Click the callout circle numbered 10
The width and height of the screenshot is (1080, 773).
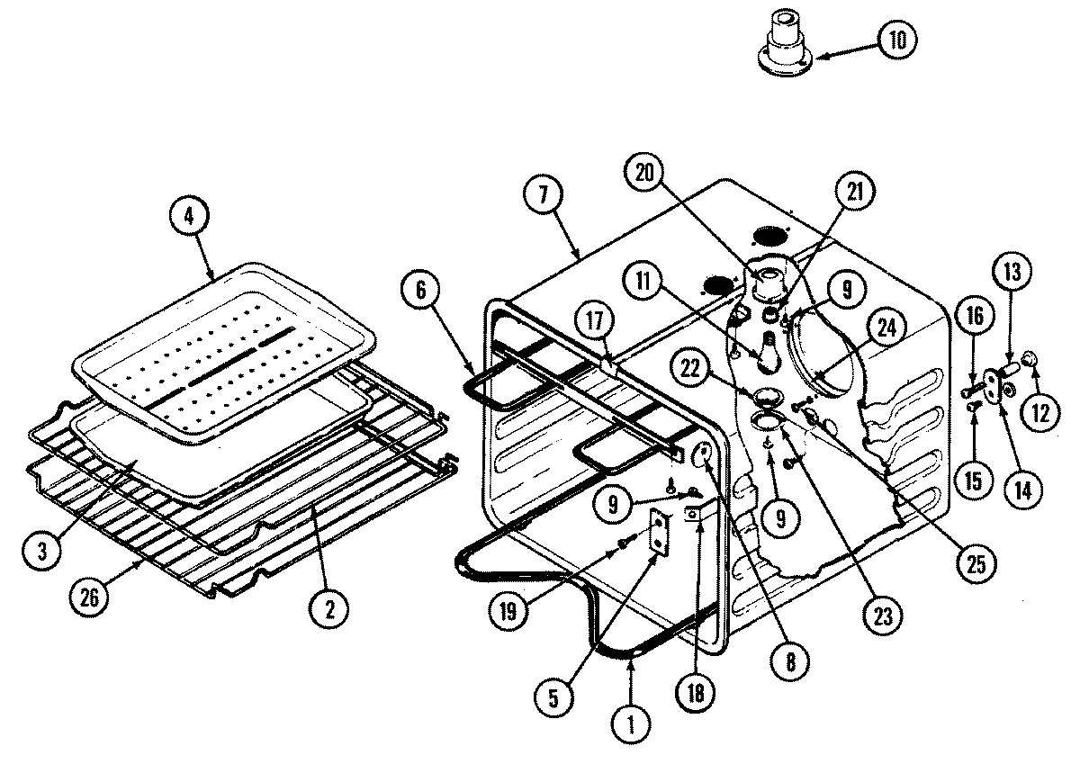coord(897,40)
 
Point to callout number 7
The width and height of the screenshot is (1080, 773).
coord(548,194)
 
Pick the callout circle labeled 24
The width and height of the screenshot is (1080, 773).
coord(886,329)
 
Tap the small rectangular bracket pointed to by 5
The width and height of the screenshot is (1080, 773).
coord(662,535)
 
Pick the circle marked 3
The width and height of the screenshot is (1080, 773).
coord(36,552)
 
